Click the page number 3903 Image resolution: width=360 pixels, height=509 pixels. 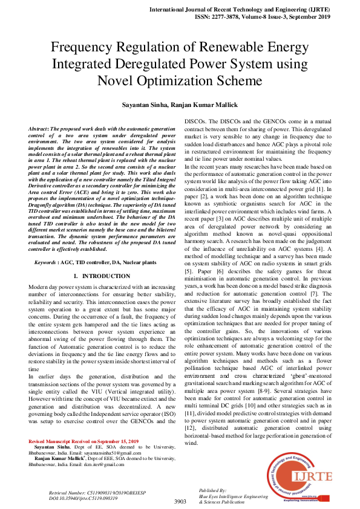180,501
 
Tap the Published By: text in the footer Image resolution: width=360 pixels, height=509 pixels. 212,490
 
